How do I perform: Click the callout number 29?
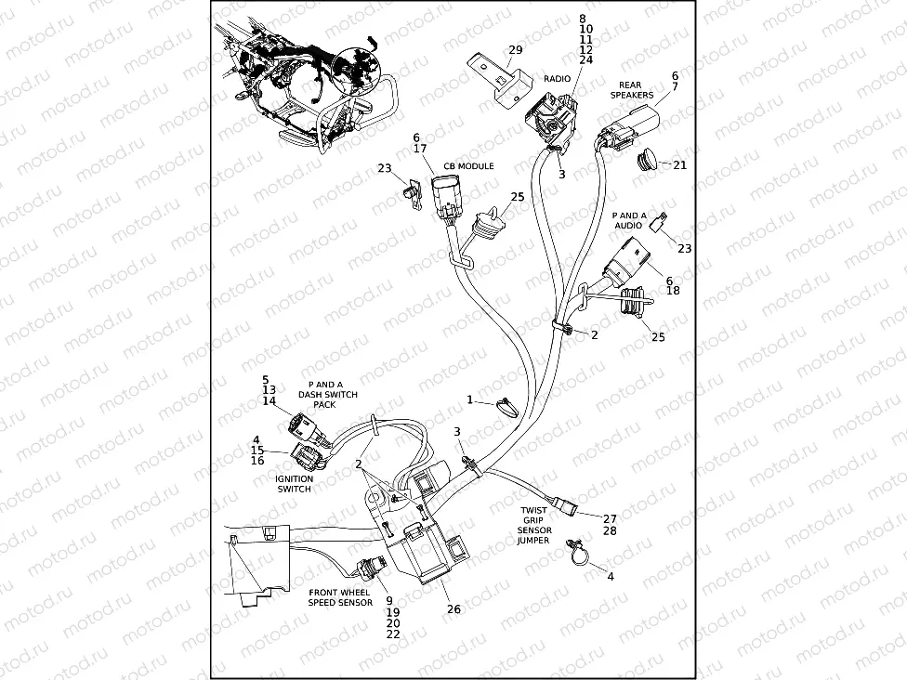coord(515,49)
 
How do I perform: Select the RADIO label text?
coord(557,79)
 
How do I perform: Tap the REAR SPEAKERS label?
coord(631,90)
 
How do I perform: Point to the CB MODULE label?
coord(468,166)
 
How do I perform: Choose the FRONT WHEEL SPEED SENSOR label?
coord(339,597)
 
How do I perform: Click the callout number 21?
coord(679,165)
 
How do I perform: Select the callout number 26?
coord(453,609)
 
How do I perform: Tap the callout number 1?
coord(470,399)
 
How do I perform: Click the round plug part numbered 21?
coord(643,162)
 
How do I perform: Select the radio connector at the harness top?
coord(547,121)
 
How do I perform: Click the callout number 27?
coord(610,518)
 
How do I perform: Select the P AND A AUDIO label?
coord(628,220)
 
